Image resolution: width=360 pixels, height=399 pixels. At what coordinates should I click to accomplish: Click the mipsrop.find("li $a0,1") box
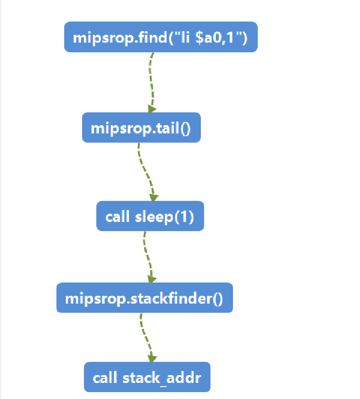coord(161,37)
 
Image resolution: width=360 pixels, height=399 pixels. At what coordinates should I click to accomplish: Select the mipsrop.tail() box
coord(141,127)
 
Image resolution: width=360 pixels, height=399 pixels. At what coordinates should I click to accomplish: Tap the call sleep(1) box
coord(150,216)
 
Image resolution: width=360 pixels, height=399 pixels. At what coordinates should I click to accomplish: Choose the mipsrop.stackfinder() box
coord(144,298)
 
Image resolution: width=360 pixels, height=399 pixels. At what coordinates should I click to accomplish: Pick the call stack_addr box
coord(147,377)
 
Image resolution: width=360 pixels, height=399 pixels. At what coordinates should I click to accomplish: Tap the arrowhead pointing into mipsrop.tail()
coord(152,109)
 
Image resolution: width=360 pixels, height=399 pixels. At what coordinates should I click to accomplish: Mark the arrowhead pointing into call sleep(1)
coord(153,198)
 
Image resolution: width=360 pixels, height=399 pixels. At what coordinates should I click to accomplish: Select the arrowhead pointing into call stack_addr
coord(152,358)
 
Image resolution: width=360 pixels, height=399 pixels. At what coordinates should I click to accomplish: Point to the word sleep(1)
coord(164,216)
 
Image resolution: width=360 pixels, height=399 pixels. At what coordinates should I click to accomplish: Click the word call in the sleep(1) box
coord(117,216)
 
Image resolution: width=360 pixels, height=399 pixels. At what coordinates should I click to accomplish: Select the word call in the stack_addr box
coord(105,378)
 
